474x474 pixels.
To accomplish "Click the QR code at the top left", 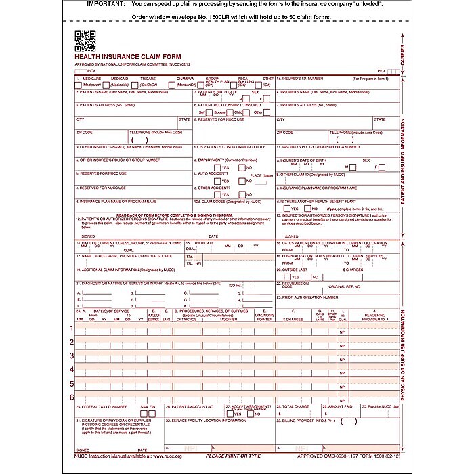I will point(85,42).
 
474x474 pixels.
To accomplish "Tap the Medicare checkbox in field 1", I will point(79,85).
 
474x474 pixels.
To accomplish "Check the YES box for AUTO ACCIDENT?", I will point(217,181).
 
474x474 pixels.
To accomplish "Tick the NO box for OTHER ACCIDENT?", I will point(242,194).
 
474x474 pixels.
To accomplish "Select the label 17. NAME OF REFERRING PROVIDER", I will point(121,255).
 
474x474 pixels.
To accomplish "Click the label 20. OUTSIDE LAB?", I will point(295,269).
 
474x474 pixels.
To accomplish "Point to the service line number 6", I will point(72,397).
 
